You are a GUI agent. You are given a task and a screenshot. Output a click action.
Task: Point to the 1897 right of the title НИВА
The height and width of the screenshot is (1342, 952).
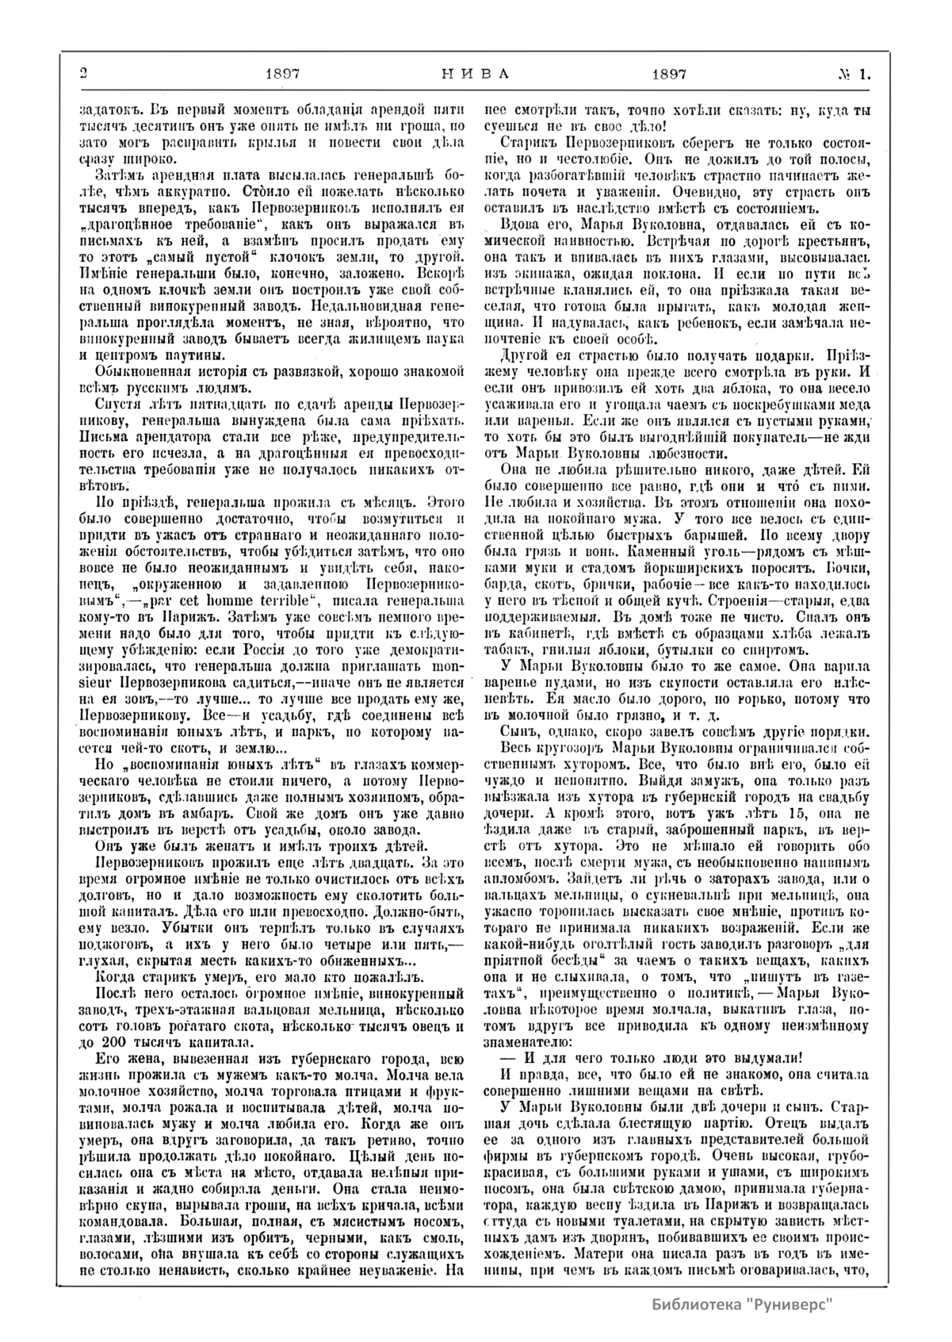(668, 75)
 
